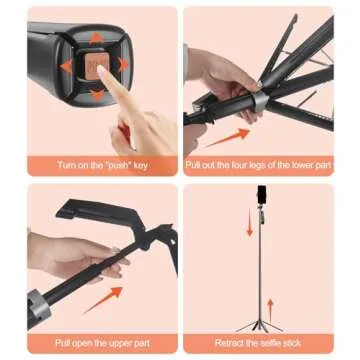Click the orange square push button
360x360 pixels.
[97, 69]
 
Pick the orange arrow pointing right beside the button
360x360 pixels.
[124, 67]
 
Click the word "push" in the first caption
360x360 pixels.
[111, 164]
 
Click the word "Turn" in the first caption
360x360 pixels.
[66, 164]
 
